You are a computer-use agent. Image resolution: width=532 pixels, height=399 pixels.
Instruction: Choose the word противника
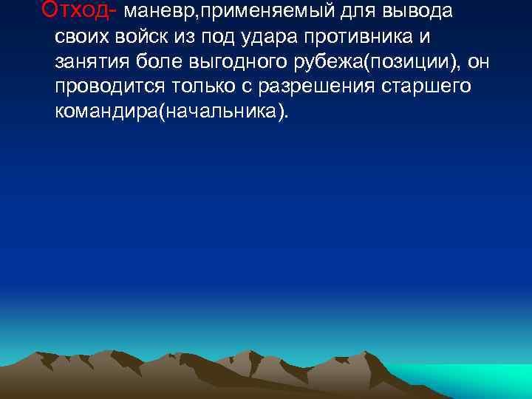(347, 37)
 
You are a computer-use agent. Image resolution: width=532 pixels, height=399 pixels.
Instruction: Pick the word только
(198, 86)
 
